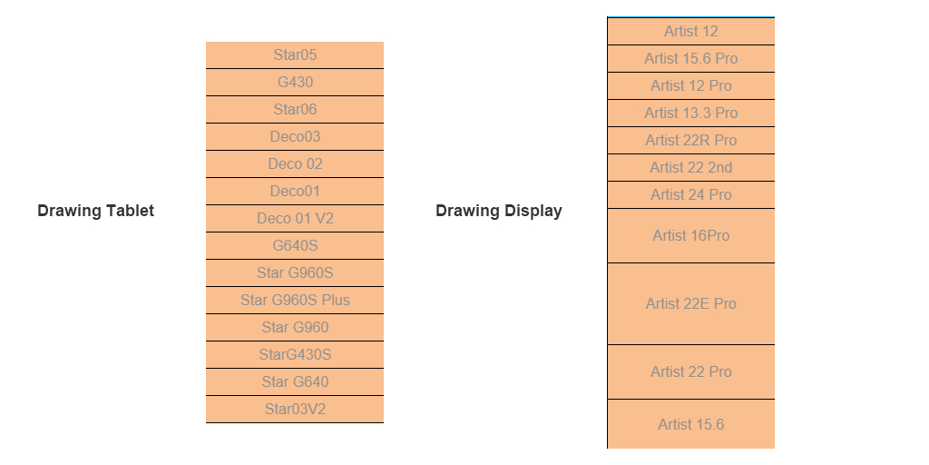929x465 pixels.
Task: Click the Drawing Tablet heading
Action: (95, 211)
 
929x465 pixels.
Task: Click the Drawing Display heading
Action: (498, 211)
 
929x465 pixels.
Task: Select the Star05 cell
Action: (295, 54)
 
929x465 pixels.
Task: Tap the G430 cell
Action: (295, 82)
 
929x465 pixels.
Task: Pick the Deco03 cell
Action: (295, 136)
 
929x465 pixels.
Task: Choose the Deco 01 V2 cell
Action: (295, 218)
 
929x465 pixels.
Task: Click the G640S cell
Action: (295, 245)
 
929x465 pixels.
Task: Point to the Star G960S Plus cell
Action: (295, 300)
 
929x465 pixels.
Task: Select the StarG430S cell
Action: (295, 354)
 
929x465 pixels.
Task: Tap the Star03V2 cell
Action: (295, 409)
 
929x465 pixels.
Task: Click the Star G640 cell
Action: (295, 381)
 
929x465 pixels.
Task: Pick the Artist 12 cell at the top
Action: (690, 31)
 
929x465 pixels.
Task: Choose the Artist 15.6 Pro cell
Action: (690, 58)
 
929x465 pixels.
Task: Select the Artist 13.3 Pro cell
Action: (690, 113)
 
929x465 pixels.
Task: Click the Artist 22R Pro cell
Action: (690, 140)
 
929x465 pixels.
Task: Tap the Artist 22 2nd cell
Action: (690, 167)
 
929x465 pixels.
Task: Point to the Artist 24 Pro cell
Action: (690, 194)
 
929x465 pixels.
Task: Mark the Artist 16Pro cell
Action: (690, 235)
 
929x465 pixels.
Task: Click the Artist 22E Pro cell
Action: (690, 303)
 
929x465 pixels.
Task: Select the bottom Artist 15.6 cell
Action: (690, 424)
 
